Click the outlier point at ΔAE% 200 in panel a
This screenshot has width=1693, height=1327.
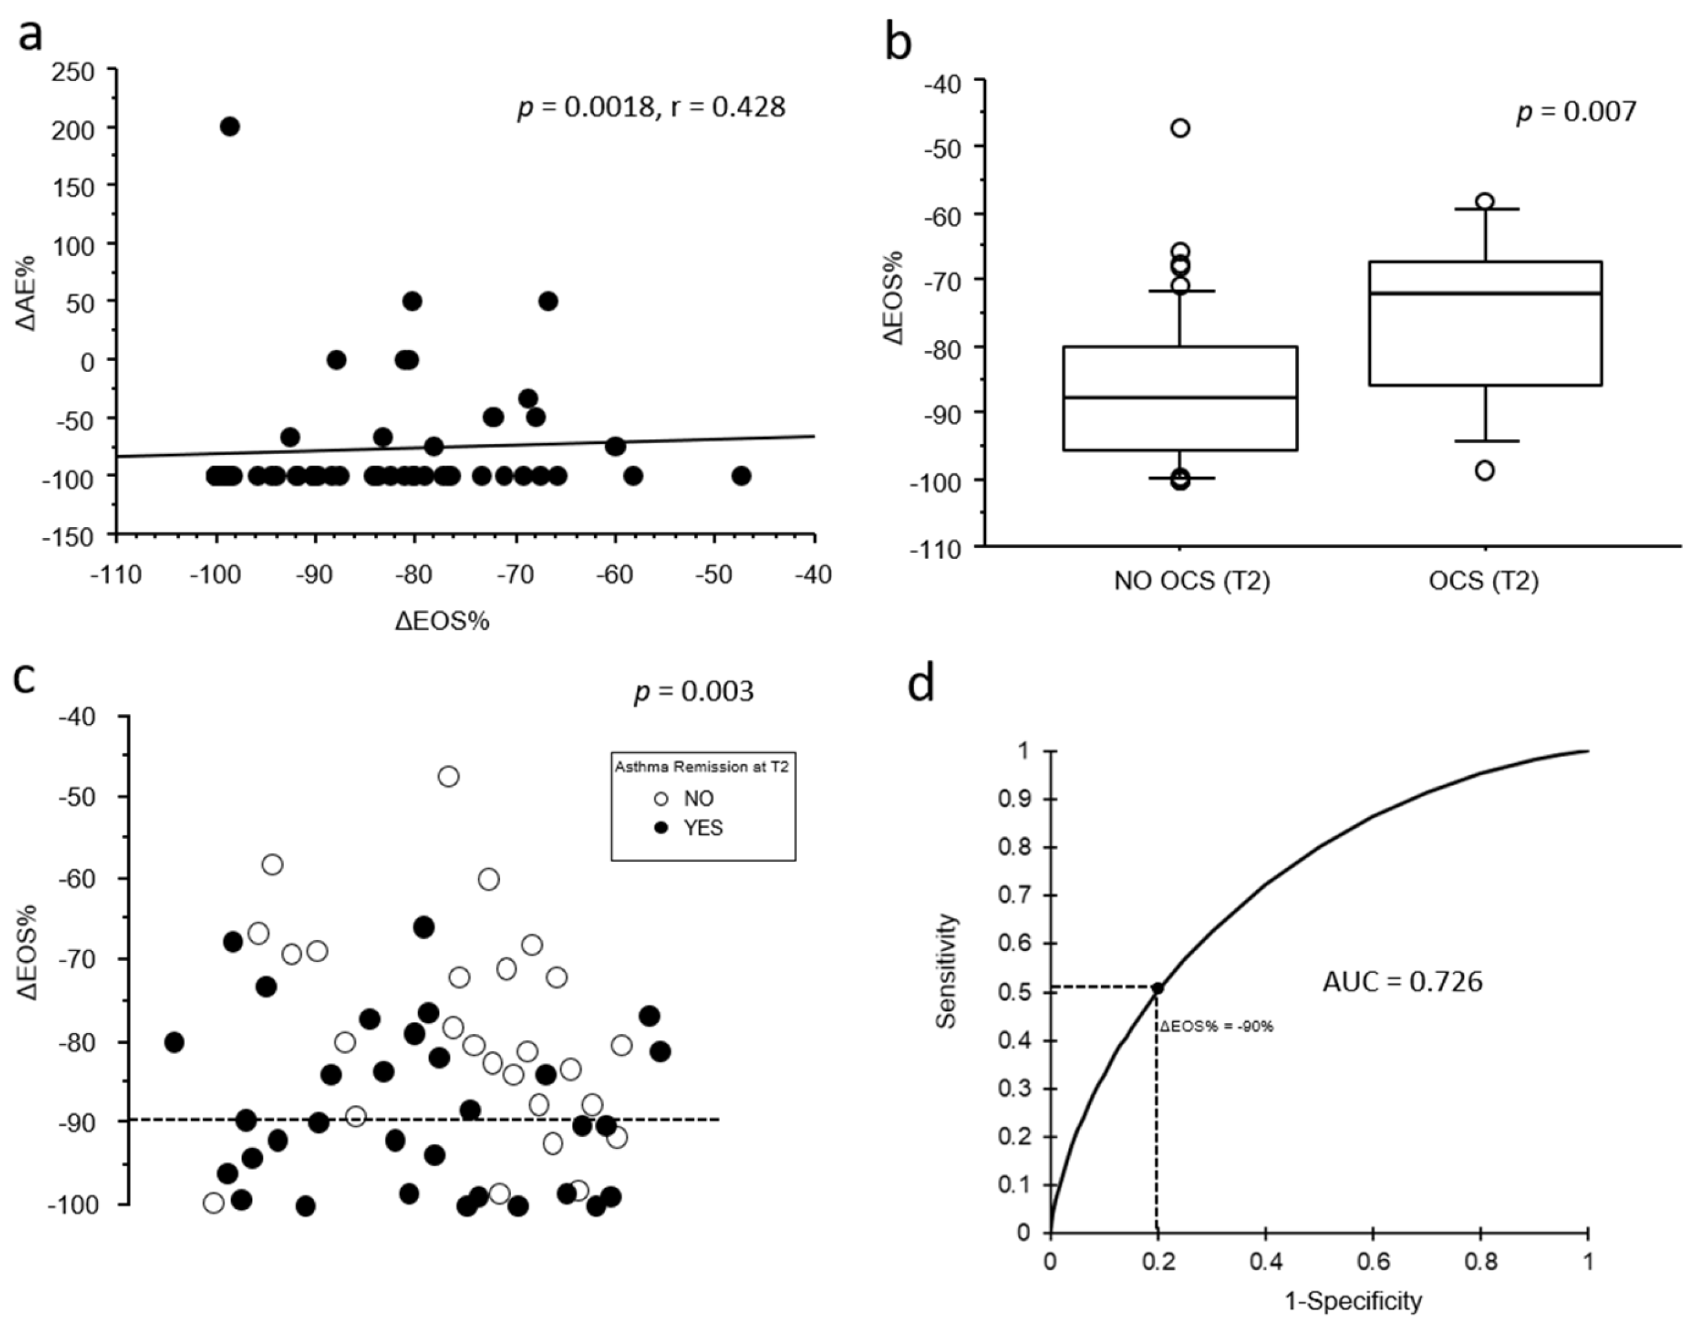pyautogui.click(x=230, y=127)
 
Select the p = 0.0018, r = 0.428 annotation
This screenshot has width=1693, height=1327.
pyautogui.click(x=651, y=106)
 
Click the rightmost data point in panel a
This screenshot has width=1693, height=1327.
pyautogui.click(x=741, y=475)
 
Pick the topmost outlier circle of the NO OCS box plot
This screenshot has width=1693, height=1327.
pyautogui.click(x=1180, y=128)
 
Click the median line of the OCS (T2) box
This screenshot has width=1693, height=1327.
pyautogui.click(x=1485, y=293)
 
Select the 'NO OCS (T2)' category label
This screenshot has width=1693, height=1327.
pyautogui.click(x=1192, y=581)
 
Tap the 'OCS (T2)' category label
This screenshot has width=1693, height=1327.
pyautogui.click(x=1483, y=581)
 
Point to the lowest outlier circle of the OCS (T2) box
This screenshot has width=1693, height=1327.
pyautogui.click(x=1484, y=471)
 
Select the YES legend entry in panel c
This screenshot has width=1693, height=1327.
pyautogui.click(x=691, y=828)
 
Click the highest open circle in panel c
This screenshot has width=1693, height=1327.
pyautogui.click(x=449, y=776)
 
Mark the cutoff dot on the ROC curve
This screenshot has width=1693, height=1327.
pyautogui.click(x=1157, y=988)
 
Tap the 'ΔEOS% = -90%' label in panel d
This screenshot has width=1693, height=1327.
pyautogui.click(x=1217, y=1026)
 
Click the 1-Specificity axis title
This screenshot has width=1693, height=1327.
pyautogui.click(x=1353, y=1300)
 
